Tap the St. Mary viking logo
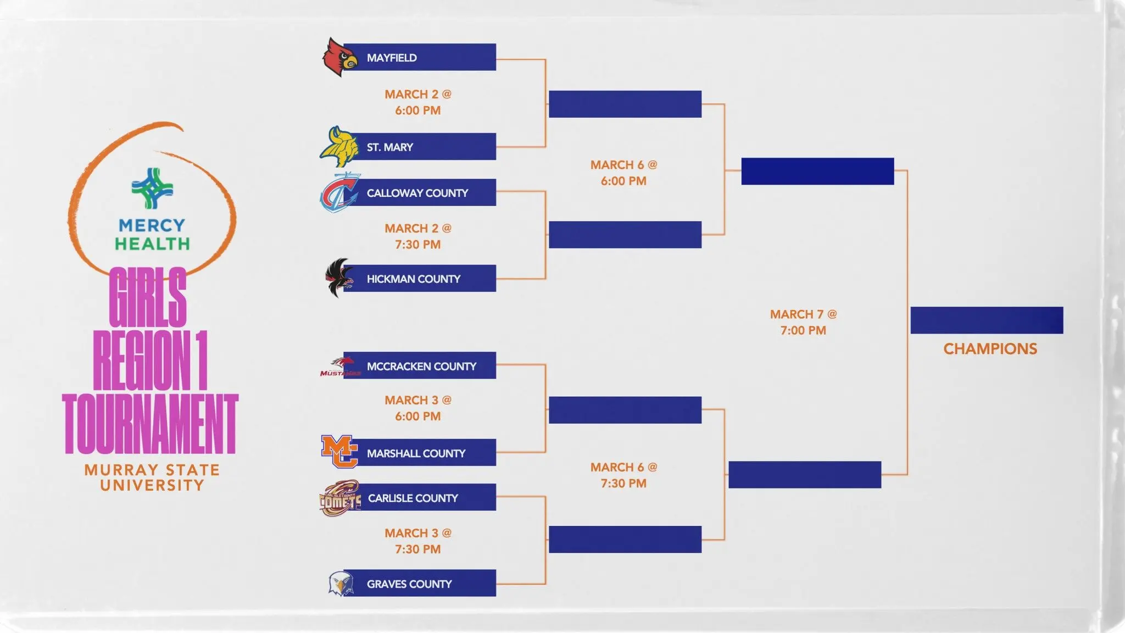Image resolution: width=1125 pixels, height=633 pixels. coord(338,147)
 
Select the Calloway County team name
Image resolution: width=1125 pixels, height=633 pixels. coord(417,193)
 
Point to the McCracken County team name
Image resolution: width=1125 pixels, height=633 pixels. coord(421,366)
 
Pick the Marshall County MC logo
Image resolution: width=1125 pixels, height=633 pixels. coord(339,452)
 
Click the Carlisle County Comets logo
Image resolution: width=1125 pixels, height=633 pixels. coord(339,498)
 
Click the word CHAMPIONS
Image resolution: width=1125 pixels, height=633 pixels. coord(990,349)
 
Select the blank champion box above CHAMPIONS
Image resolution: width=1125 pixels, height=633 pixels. coord(987,320)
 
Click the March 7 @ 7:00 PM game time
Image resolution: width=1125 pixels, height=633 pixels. coord(803,322)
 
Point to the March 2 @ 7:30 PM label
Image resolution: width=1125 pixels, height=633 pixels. coord(417,236)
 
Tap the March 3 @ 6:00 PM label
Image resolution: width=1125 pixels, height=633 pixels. coord(417,408)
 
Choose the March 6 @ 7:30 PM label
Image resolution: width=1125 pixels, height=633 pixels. coord(623,475)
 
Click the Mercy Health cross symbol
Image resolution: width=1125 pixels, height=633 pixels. coord(152,188)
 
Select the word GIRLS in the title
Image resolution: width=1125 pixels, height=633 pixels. coord(148,297)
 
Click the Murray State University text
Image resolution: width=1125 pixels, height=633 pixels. coord(152,477)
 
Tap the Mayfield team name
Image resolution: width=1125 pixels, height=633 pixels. coord(392,58)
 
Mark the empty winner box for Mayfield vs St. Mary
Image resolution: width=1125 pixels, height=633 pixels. coord(625,104)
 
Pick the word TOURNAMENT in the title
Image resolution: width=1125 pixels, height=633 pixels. coord(151,424)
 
